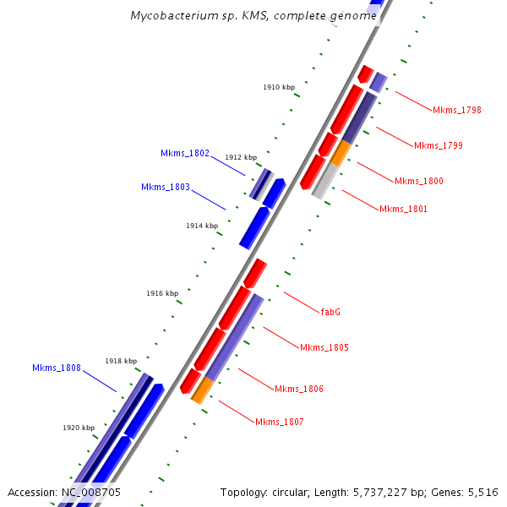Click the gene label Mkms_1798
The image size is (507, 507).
tap(457, 110)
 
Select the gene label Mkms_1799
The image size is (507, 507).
tap(438, 145)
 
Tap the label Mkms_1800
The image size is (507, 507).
tap(418, 181)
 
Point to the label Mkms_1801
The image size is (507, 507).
tap(403, 209)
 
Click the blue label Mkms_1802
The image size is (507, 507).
tap(185, 153)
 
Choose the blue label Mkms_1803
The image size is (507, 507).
tap(166, 187)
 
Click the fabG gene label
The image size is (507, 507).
tap(330, 312)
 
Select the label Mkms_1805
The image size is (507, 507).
tap(324, 347)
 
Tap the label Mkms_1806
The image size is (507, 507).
tap(299, 389)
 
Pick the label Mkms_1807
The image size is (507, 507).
tap(280, 422)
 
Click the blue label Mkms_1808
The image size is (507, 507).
tap(57, 368)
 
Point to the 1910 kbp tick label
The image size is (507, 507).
tap(279, 87)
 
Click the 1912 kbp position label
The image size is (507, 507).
tap(241, 157)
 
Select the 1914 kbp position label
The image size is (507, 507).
tap(202, 226)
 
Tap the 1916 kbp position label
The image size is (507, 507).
tap(162, 293)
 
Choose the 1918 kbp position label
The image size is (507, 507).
tap(121, 361)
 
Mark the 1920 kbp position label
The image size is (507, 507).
tap(79, 428)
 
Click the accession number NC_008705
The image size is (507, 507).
tap(90, 492)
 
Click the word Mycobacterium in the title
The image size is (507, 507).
tap(171, 16)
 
